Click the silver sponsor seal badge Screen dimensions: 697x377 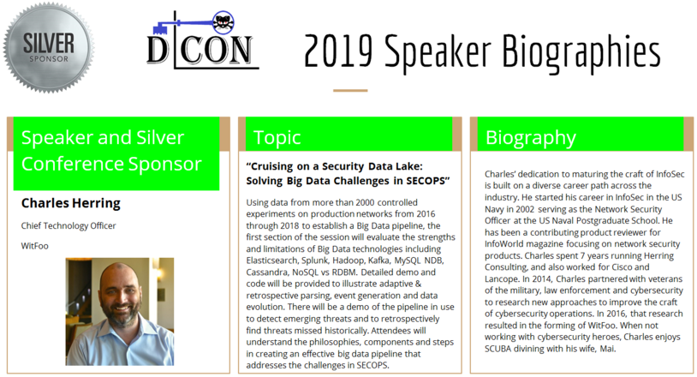(49, 48)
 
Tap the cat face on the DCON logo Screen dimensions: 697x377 (223, 22)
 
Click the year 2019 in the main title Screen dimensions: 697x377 (338, 51)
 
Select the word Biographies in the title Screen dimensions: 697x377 (581, 53)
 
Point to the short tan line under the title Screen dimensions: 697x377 (350, 91)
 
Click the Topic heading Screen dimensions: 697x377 (277, 138)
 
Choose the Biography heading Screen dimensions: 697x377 (531, 138)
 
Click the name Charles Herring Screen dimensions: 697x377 (71, 203)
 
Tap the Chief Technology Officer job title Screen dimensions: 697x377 (69, 226)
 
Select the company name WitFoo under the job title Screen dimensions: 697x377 (34, 246)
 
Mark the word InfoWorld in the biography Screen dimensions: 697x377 (502, 244)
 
